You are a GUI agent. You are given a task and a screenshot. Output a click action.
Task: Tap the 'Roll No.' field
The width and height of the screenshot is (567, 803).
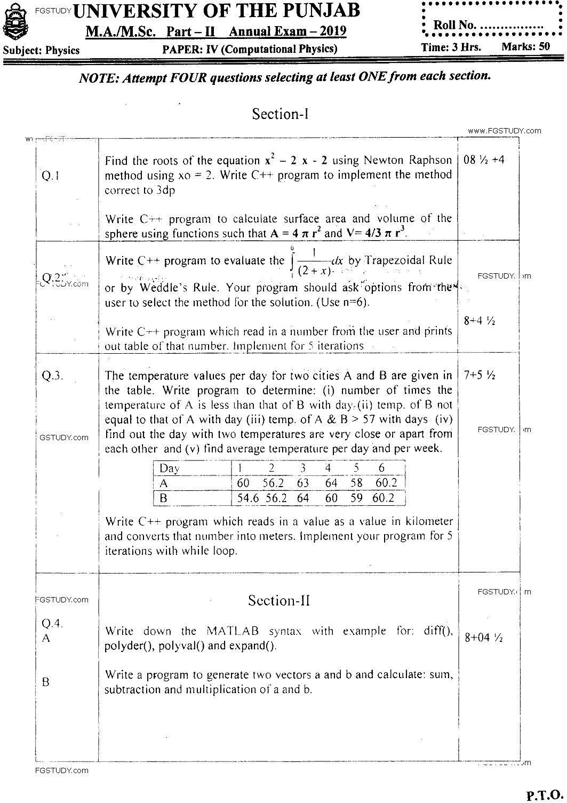pos(484,25)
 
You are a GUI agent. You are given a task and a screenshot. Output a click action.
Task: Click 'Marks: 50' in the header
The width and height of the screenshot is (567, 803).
pos(525,46)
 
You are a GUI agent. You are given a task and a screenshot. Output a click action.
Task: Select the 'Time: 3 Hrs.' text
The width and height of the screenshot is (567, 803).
pos(451,47)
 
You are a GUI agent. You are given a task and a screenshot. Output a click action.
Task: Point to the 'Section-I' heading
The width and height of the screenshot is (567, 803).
pos(280,114)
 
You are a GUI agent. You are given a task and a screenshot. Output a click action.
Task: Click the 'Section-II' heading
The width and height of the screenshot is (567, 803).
pos(279,601)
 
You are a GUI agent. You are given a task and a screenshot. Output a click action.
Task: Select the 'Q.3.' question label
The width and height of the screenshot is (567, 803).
pos(52,375)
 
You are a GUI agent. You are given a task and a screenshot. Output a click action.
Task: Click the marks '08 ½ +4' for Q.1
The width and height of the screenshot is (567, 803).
pos(484,160)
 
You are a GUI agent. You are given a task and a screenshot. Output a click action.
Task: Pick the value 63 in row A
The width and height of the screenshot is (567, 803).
pos(303,483)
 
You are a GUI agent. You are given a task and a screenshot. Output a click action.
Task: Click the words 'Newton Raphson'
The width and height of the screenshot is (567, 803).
pos(408,161)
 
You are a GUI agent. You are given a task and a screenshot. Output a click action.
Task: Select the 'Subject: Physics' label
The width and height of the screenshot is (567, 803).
pos(42,51)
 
